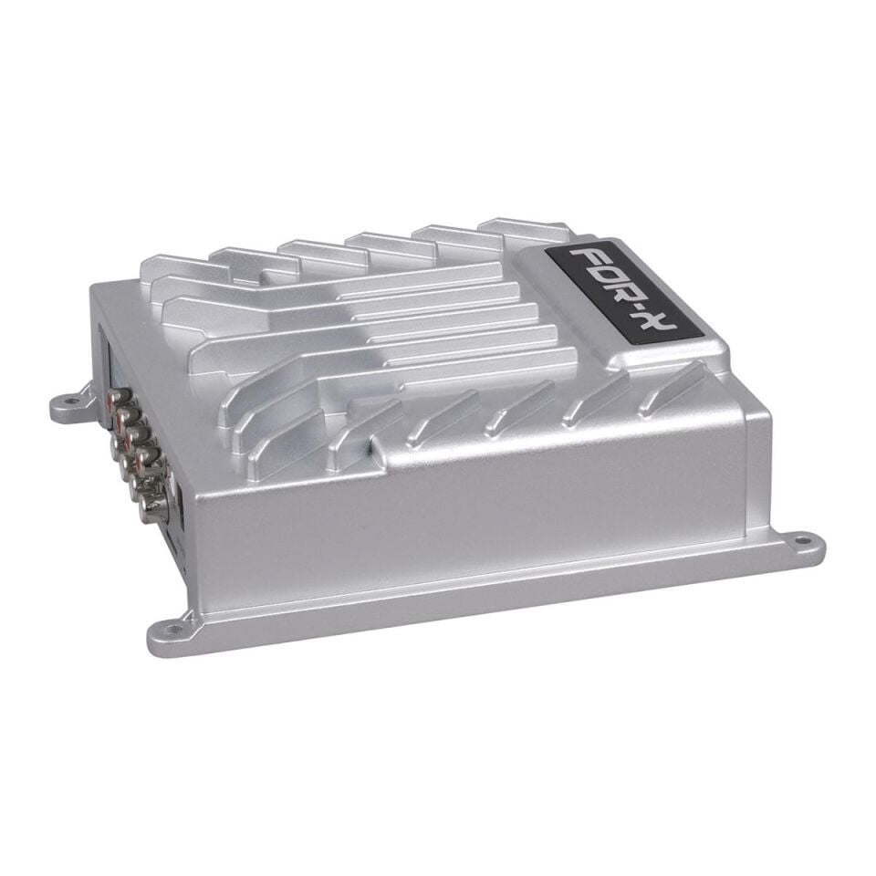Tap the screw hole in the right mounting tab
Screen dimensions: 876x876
803,540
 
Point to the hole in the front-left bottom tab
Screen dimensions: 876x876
166,629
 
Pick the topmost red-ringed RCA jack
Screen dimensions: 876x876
117,399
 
